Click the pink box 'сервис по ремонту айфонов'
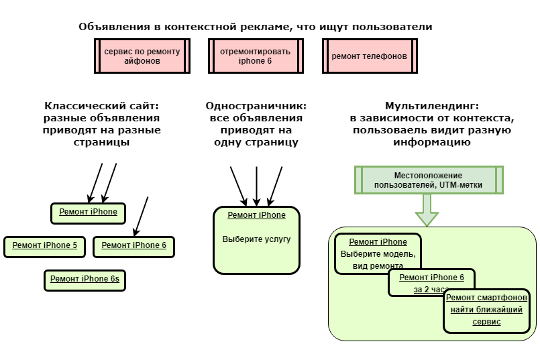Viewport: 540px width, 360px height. pos(142,56)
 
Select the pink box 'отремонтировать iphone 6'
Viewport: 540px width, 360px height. pos(256,56)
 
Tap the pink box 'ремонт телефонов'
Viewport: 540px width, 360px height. pos(370,56)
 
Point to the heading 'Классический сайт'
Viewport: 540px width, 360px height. pos(101,106)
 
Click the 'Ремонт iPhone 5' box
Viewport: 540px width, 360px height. pos(44,247)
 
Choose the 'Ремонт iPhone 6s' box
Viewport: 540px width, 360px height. pos(85,280)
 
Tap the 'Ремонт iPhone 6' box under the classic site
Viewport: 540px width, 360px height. pos(133,247)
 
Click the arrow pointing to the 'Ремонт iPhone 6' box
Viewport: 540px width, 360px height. pos(141,217)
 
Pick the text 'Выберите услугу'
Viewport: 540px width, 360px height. pos(256,239)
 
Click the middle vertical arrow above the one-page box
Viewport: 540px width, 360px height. pos(256,186)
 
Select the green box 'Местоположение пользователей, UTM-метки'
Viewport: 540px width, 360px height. pos(429,180)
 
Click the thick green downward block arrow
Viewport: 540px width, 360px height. pos(427,210)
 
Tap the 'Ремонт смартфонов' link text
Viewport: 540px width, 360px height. pos(486,298)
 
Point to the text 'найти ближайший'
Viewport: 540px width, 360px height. pos(486,310)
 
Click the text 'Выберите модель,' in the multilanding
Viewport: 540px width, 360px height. pos(378,254)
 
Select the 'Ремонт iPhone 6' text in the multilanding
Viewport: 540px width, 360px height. pos(432,278)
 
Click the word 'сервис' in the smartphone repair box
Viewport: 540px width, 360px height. pos(486,322)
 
